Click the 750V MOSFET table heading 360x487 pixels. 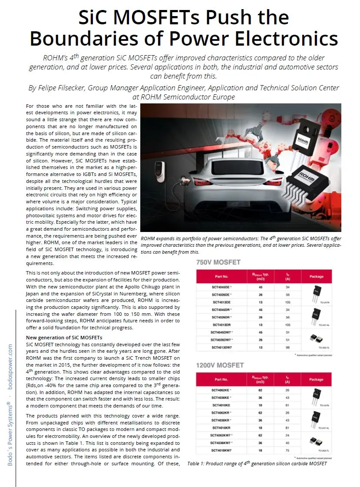click(x=218, y=262)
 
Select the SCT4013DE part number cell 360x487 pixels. click(x=221, y=302)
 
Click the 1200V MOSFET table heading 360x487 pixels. click(x=220, y=365)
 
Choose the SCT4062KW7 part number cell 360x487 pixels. click(x=222, y=435)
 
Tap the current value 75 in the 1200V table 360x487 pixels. click(x=288, y=450)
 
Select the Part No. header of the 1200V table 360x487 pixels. click(x=221, y=379)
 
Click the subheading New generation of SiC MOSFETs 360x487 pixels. click(x=64, y=337)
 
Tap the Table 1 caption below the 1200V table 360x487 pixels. click(x=257, y=464)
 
